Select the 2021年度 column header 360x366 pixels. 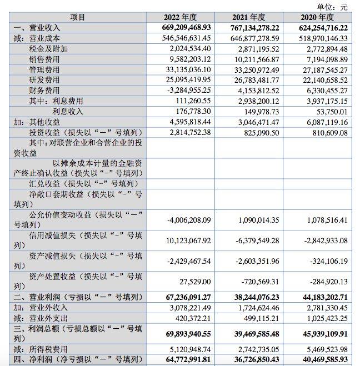249,17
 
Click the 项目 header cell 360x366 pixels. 78,17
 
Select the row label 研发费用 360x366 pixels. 44,80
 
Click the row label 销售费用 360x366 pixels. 44,59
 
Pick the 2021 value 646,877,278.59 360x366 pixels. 249,38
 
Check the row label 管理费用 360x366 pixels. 44,69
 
